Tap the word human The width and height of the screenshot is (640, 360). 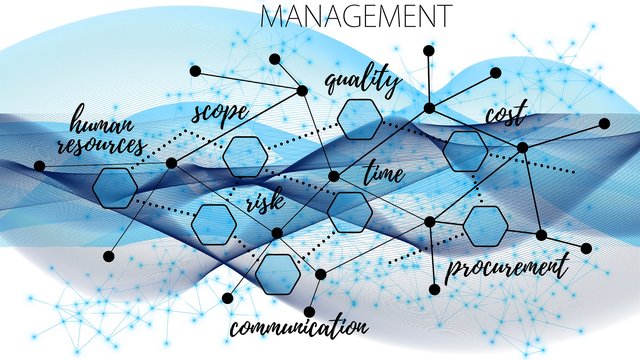tap(102, 124)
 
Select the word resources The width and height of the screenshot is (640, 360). tap(101, 146)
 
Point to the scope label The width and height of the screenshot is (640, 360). tap(219, 112)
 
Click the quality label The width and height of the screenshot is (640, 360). tap(362, 81)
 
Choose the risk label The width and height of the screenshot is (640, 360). tap(265, 202)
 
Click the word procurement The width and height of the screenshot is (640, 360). tap(506, 267)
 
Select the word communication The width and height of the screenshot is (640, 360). tap(298, 326)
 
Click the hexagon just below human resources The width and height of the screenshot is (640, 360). tap(115, 187)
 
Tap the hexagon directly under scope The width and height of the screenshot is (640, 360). tap(244, 156)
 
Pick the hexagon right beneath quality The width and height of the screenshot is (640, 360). tap(359, 118)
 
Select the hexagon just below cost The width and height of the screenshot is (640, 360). tap(466, 151)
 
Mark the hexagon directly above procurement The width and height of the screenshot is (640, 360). tap(486, 226)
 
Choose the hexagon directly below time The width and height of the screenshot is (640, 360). tap(349, 212)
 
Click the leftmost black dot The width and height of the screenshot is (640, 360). tap(39, 166)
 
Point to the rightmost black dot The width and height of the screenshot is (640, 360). tap(604, 123)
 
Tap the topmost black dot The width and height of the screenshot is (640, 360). tap(428, 50)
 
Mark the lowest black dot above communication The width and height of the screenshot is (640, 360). tap(308, 309)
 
